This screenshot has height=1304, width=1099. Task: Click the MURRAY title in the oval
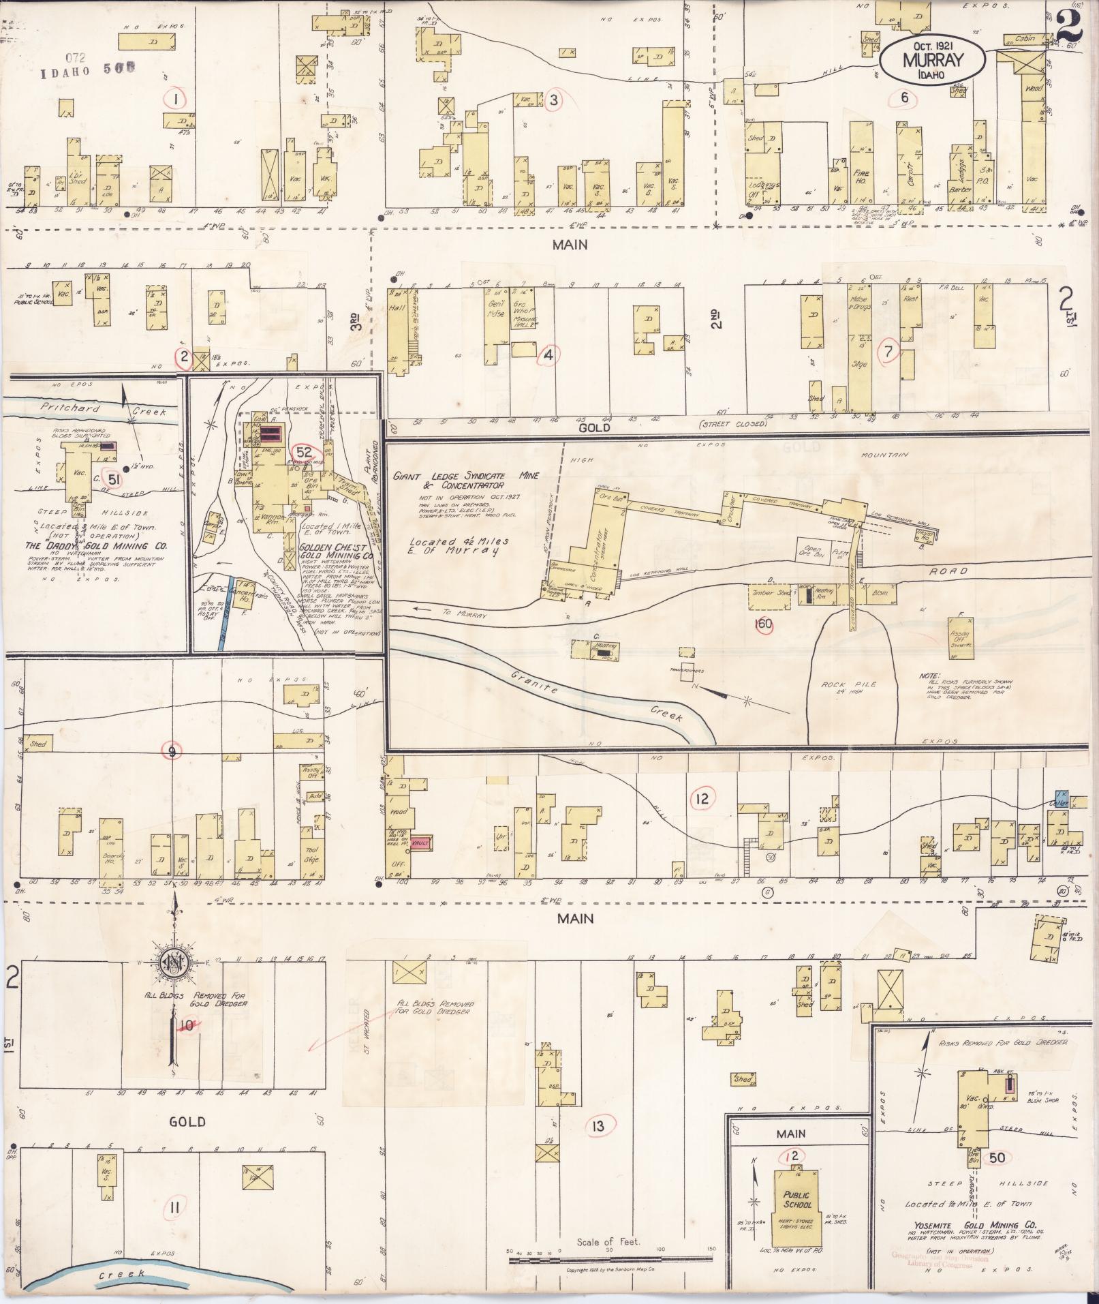point(932,59)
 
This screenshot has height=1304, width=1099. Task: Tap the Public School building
point(796,1200)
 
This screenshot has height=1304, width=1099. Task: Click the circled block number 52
point(304,452)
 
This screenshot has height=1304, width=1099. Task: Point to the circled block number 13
point(598,1125)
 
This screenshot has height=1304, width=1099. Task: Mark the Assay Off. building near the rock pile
point(961,638)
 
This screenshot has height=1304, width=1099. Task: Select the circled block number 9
point(172,751)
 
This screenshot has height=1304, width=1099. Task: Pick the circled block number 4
point(548,354)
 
